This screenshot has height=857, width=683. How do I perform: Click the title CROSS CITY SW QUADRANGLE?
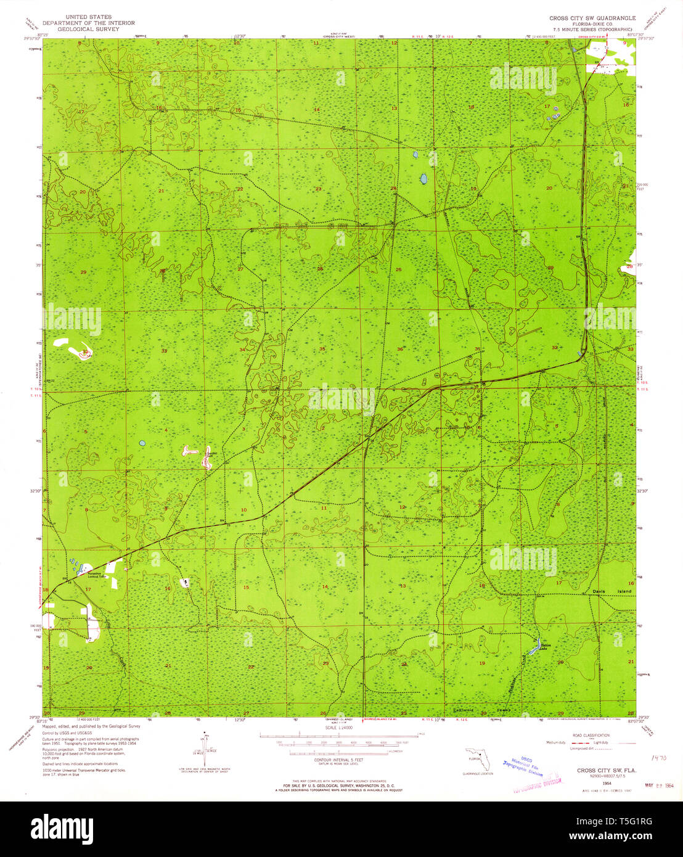coord(591,18)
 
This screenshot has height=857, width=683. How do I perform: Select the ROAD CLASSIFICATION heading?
coord(591,735)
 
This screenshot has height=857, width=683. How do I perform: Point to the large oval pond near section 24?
coord(423,179)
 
